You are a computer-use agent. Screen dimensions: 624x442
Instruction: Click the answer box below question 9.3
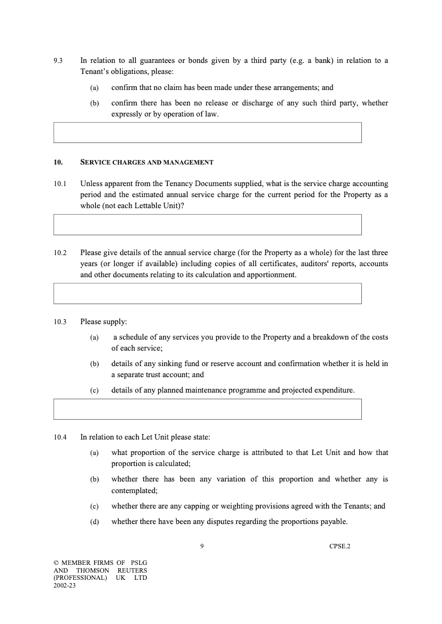point(207,133)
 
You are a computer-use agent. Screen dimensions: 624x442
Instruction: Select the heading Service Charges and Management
point(146,162)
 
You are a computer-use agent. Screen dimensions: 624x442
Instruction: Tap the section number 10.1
point(60,183)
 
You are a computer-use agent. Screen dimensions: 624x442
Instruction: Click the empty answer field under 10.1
point(207,225)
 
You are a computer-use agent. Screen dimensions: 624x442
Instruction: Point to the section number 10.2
point(60,253)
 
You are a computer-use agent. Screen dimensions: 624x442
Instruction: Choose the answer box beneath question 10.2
point(207,294)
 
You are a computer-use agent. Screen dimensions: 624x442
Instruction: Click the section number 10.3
point(60,321)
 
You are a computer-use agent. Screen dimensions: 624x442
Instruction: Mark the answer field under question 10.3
point(207,409)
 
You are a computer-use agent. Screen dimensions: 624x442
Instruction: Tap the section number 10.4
point(60,437)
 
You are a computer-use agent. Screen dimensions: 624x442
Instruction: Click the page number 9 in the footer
point(202,547)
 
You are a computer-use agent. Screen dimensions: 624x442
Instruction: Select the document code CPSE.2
point(339,547)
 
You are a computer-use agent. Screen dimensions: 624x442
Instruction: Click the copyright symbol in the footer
point(56,563)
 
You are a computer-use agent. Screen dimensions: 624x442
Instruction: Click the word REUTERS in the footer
point(132,570)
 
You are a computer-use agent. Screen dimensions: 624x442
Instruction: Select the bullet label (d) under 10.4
point(94,521)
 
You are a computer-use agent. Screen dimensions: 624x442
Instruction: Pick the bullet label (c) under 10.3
point(94,390)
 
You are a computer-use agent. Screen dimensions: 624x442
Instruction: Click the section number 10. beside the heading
point(58,162)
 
